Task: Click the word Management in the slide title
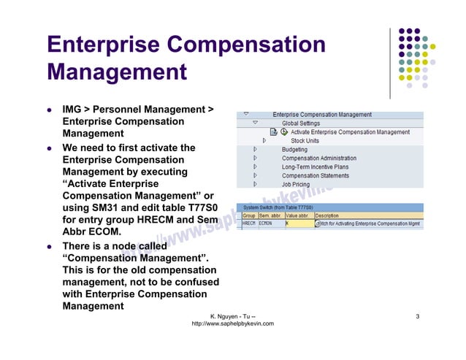[x=117, y=73]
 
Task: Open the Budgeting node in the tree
[x=294, y=150]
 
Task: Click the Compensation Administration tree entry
[x=319, y=158]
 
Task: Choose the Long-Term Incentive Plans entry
[x=315, y=167]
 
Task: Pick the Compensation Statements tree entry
[x=316, y=176]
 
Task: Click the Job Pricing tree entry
[x=296, y=185]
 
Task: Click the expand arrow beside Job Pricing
[x=255, y=185]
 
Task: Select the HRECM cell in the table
[x=248, y=224]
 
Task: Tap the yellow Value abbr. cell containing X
[x=298, y=224]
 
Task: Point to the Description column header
[x=326, y=216]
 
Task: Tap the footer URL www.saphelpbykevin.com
[x=232, y=323]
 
